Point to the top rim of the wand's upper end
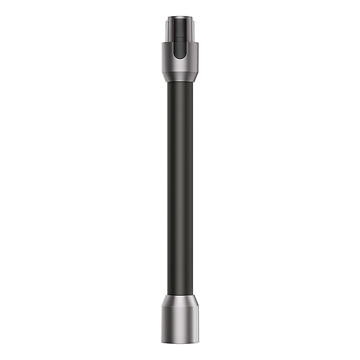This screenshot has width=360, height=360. pos(180,17)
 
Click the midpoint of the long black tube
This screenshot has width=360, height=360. pos(180,188)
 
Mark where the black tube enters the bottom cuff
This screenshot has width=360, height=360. pos(180,295)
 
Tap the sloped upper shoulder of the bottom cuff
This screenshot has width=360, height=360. pos(180,301)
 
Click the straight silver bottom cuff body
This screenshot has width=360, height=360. pos(180,324)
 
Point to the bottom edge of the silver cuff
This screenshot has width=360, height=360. pos(180,343)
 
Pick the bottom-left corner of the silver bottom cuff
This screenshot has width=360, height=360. pos(162,342)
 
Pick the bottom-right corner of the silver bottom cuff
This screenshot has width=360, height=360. pos(199,342)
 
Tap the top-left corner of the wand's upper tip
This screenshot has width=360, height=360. pos(168,17)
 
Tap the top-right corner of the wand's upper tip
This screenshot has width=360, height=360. pos(192,17)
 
